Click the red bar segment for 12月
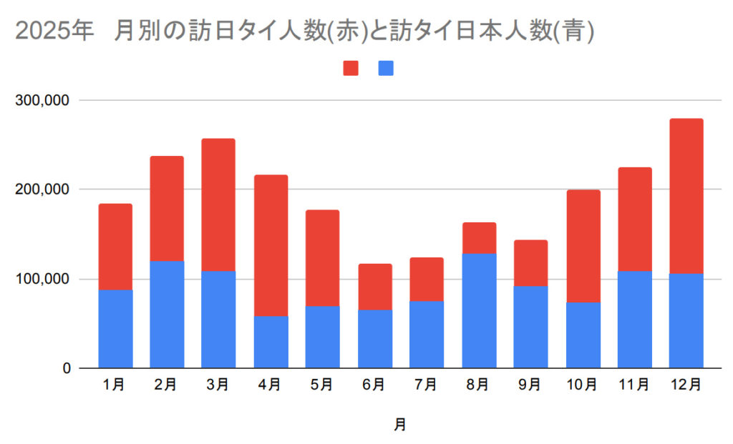686,196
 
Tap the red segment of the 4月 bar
271,245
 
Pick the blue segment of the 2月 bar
167,314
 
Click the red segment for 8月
479,238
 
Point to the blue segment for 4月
271,342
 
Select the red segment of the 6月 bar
375,287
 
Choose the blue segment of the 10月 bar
583,335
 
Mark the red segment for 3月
218,204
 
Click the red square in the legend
351,69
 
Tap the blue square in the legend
386,69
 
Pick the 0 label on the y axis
65,368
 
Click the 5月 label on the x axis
322,385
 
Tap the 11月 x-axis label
634,385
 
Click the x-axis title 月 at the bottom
400,425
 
